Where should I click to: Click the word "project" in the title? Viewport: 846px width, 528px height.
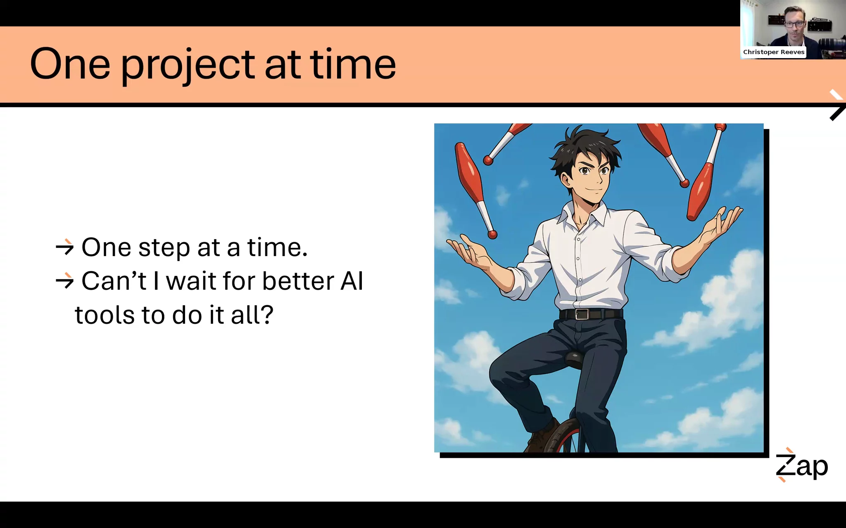point(188,66)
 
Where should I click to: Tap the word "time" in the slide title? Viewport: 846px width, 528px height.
point(353,64)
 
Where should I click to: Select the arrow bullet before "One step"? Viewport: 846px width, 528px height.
point(64,247)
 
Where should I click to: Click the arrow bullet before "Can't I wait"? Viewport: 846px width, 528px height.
point(64,281)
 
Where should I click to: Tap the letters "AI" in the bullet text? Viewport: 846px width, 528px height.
point(352,281)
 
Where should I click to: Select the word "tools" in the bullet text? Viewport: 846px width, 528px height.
point(105,315)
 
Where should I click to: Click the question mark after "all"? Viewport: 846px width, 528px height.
point(267,315)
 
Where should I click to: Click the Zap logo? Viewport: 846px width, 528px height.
point(801,465)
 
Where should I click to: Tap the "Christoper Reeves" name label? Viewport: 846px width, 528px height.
point(773,52)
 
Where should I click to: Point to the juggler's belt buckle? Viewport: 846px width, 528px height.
point(582,314)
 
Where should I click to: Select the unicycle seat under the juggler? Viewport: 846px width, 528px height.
point(574,359)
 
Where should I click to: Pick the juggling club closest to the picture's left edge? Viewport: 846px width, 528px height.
point(475,190)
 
